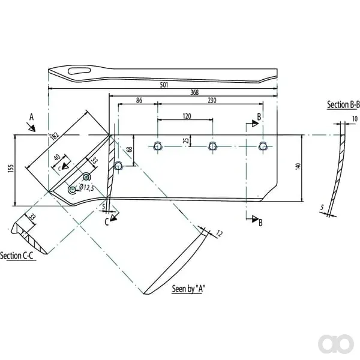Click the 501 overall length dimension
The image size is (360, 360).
[164, 85]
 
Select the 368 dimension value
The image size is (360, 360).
[194, 92]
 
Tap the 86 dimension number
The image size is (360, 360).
[139, 100]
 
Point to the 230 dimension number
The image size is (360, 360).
[212, 100]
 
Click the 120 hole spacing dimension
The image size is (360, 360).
[187, 116]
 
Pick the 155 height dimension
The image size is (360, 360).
[11, 168]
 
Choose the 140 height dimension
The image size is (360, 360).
[298, 166]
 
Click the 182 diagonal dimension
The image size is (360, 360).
[55, 136]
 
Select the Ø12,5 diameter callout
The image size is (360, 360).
[86, 188]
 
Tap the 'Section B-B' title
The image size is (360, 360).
[343, 104]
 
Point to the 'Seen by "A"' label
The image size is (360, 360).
[188, 289]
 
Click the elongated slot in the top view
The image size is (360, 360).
[80, 71]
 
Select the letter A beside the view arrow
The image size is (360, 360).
[31, 117]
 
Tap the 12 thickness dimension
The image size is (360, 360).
[219, 234]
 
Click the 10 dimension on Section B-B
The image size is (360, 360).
[355, 119]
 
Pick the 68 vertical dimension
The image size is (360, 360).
[130, 149]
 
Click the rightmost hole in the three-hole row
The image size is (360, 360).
[263, 146]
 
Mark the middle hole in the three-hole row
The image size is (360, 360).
[212, 146]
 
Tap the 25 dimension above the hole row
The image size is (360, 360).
[187, 140]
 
